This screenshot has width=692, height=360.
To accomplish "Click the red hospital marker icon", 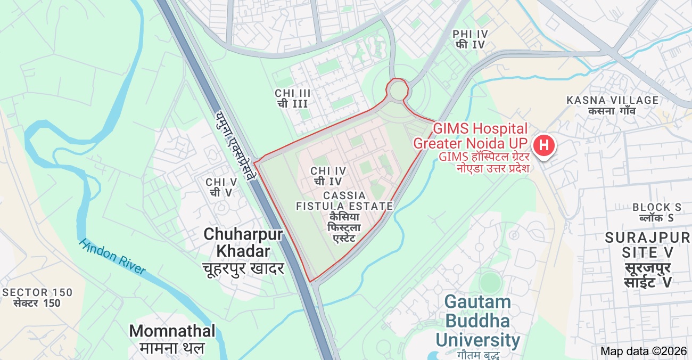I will pos(543,145).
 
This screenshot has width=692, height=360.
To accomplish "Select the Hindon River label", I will pos(112,256).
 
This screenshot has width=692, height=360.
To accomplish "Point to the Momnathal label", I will pos(172,331).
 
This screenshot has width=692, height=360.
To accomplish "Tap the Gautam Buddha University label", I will pos(477,321).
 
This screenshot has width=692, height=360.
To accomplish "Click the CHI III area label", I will pos(293,98).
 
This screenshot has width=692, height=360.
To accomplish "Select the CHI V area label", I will pos(221,187).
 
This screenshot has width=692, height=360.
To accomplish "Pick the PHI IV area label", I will pos(470,39).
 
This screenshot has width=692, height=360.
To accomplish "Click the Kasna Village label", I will pos(612,105).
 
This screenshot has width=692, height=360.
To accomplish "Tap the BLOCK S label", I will pos(656,212).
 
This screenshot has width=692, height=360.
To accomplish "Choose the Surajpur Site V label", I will pos(647,259).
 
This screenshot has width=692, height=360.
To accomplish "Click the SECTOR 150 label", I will pos(37,298).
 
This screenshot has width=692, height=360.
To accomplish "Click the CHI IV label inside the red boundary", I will pos(328,175).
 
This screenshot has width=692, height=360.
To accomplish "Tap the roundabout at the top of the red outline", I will pos(398,91).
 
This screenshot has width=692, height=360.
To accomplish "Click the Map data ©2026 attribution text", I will pos(644,351).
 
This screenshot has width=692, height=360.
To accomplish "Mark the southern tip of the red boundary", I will pos(310,281).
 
